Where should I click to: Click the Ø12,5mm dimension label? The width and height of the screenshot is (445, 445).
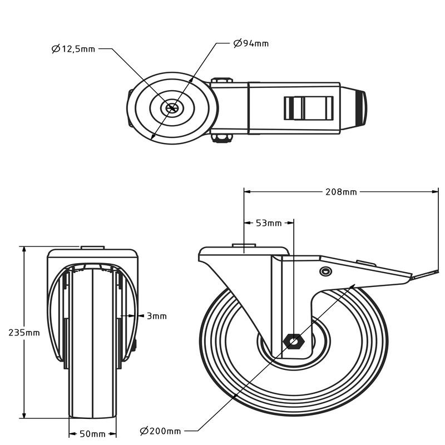pyautogui.click(x=73, y=49)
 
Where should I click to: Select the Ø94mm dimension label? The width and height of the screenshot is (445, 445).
pyautogui.click(x=251, y=43)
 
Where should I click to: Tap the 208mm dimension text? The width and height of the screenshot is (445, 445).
pyautogui.click(x=341, y=192)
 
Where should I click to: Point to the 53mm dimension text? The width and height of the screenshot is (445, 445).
pyautogui.click(x=269, y=223)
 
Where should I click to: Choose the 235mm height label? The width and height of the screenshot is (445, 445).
pyautogui.click(x=24, y=333)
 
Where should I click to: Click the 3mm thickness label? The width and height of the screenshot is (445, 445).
pyautogui.click(x=156, y=316)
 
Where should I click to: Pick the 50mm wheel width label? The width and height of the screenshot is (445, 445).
pyautogui.click(x=93, y=434)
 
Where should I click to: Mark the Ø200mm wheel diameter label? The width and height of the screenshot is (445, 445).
pyautogui.click(x=160, y=431)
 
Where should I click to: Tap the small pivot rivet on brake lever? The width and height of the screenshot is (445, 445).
pyautogui.click(x=325, y=271)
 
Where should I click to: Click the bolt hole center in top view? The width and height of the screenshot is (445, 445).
pyautogui.click(x=172, y=108)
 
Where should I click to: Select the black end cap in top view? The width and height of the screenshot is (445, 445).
pyautogui.click(x=362, y=108)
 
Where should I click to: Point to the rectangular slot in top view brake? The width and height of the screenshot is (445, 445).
pyautogui.click(x=309, y=108)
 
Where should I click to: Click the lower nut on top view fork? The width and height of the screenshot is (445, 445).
pyautogui.click(x=221, y=138)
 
